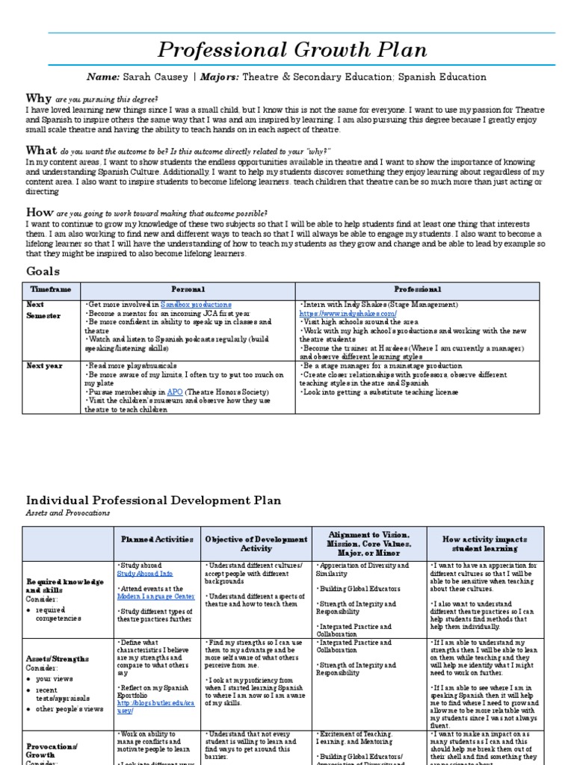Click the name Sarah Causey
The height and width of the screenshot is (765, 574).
165,78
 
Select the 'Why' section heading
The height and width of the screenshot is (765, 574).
39,98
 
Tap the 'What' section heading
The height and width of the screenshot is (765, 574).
41,150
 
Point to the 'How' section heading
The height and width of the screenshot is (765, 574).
40,212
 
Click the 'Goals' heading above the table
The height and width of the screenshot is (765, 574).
43,271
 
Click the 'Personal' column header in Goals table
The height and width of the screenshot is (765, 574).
188,289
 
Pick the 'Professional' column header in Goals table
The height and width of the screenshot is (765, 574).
417,289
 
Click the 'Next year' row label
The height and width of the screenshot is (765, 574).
44,365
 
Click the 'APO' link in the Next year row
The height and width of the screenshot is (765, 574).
175,391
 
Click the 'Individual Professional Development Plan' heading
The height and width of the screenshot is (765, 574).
154,500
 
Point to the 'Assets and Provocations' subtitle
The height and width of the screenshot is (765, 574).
68,513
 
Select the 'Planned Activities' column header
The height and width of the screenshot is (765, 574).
157,539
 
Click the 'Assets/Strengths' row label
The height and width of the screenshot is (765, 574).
59,659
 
